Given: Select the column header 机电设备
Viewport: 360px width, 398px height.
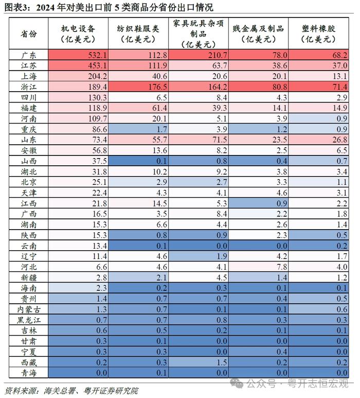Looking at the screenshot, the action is (x=78, y=28).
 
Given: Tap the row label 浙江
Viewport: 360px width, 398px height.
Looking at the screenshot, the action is (x=29, y=87).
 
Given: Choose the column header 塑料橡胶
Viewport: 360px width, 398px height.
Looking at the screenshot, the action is (x=318, y=28).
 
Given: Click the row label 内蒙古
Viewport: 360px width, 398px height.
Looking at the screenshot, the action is (x=29, y=309).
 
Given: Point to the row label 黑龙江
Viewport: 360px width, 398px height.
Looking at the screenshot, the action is (x=29, y=320).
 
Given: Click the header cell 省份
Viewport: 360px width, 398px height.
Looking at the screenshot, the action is (x=29, y=33).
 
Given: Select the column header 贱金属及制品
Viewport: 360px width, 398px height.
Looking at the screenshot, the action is (x=258, y=28).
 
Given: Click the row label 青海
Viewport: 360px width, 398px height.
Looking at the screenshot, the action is (x=29, y=373).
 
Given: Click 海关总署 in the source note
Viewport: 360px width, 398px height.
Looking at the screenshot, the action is (x=59, y=390).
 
